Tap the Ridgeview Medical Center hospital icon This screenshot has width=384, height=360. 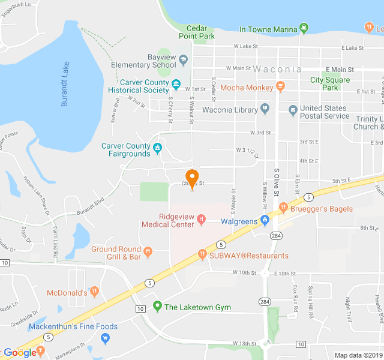click(202, 220)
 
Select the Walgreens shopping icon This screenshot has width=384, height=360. click(264, 221)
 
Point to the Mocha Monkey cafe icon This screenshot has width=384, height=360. click(280, 88)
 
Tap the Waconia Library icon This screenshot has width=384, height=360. click(265, 110)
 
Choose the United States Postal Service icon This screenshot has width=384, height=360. click(293, 110)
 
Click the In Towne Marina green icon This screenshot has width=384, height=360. click(304, 28)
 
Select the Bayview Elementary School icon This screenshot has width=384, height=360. click(184, 60)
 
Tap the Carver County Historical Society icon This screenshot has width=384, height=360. click(176, 84)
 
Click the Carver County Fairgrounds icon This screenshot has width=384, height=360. click(158, 147)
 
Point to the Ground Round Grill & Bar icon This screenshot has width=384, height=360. click(148, 250)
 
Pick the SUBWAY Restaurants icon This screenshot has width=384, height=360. click(202, 255)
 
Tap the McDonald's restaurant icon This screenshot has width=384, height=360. click(94, 292)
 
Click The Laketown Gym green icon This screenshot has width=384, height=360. click(158, 307)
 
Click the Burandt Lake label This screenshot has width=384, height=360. click(65, 83)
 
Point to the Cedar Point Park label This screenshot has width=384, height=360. click(197, 32)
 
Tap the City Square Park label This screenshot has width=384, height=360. click(329, 83)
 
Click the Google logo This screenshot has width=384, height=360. click(21, 353)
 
